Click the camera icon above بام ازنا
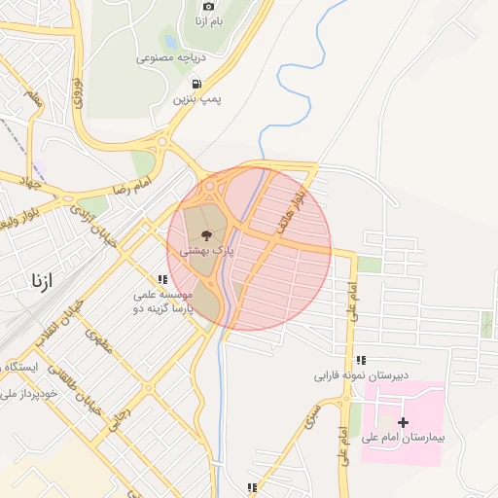click(207, 6)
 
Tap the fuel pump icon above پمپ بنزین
click(197, 84)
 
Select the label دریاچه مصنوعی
click(167, 58)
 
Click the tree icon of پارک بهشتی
click(205, 234)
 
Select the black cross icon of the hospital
click(404, 421)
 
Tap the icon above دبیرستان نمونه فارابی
click(362, 359)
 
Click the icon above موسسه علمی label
click(162, 278)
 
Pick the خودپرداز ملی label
click(28, 394)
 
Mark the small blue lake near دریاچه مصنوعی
click(169, 43)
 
